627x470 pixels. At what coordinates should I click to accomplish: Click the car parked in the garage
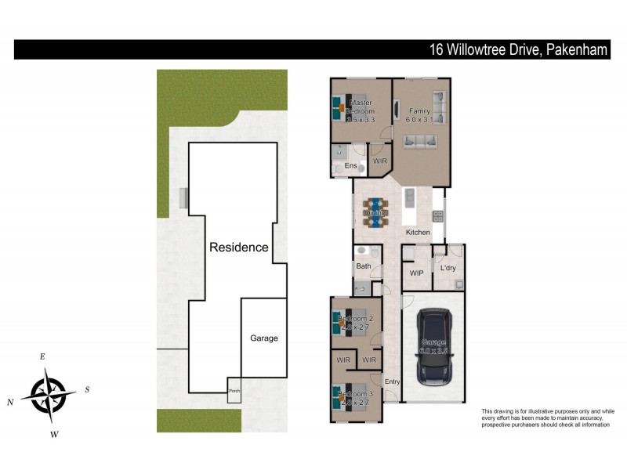433,347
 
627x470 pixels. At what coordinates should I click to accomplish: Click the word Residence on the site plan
238,247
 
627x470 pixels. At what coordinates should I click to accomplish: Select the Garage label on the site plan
264,338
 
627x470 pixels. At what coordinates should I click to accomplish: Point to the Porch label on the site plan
234,391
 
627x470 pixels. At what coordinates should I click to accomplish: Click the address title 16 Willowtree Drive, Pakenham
520,49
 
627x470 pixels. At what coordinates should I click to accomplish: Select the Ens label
351,166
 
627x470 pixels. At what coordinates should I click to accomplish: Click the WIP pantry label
416,273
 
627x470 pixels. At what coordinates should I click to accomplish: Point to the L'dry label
448,269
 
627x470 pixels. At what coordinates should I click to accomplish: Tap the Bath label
364,266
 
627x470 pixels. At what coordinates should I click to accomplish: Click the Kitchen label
417,233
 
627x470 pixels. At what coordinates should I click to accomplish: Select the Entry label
392,381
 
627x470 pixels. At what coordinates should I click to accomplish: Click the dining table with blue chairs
376,212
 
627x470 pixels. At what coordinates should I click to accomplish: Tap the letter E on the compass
42,357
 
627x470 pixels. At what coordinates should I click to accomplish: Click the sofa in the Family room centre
421,142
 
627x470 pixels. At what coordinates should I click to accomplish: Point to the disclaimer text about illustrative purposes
547,418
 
